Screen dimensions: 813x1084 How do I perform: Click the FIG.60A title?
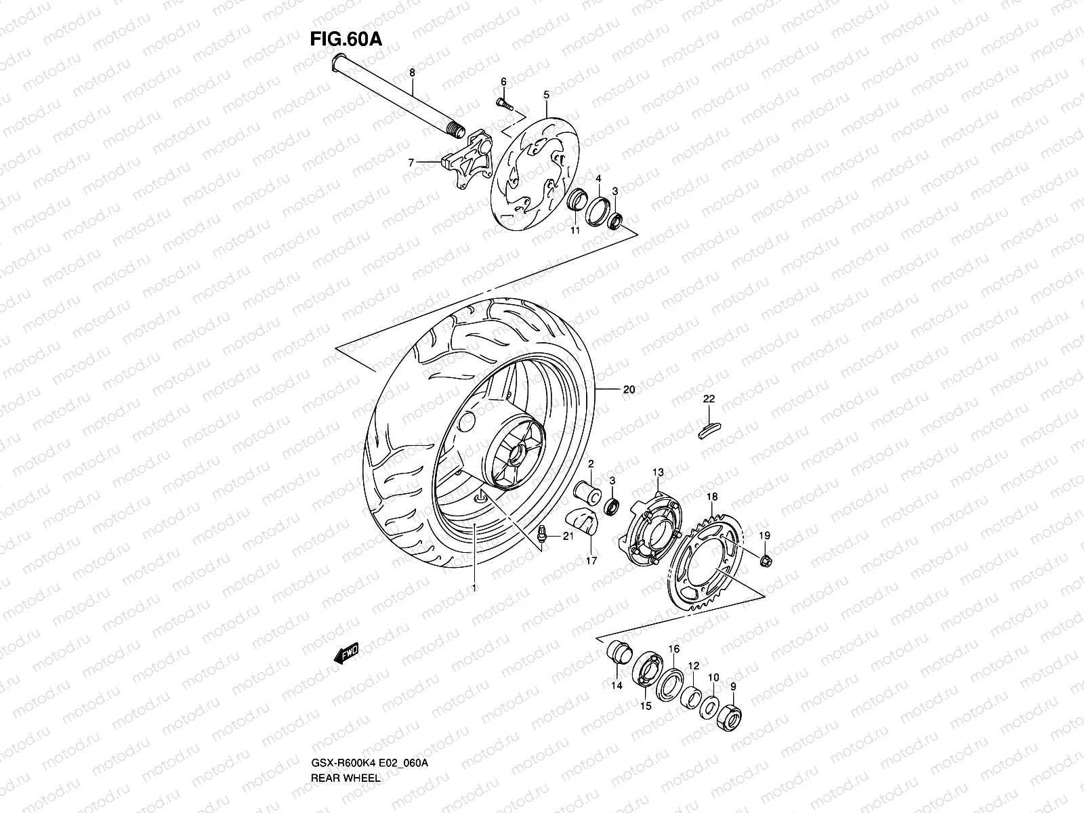tap(346, 39)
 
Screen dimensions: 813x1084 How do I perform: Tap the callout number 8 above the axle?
tap(412, 72)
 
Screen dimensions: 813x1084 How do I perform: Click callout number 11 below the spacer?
tap(575, 231)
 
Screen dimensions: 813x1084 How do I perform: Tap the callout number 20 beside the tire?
tap(629, 390)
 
